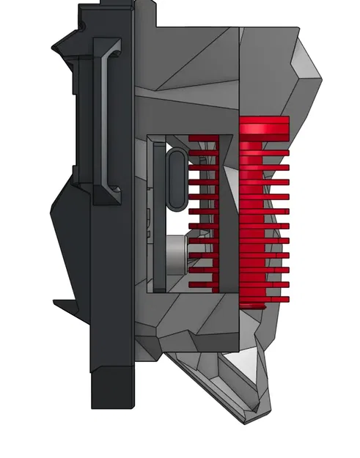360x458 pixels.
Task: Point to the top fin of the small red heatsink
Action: [x=204, y=138]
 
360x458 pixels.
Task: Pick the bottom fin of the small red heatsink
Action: [x=204, y=284]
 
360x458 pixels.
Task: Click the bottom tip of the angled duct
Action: [x=257, y=418]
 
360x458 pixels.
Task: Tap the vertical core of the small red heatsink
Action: [x=213, y=213]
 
